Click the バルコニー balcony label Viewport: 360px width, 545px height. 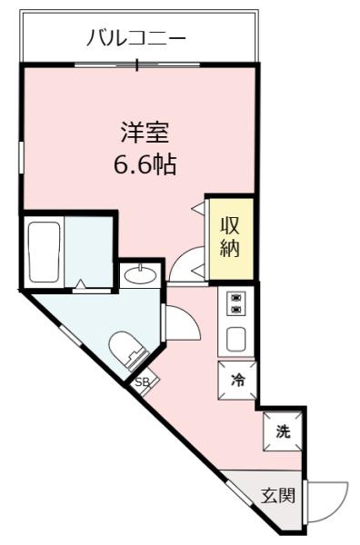pos(136,38)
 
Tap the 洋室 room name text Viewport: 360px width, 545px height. pos(145,133)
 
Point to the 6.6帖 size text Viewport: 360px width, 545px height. pos(145,165)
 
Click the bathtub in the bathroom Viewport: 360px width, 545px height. pos(45,253)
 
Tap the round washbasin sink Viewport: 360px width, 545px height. pos(141,274)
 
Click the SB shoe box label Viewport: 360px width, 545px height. pos(142,382)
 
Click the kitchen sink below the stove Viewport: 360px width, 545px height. pos(236,340)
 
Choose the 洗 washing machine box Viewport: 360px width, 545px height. pos(283,431)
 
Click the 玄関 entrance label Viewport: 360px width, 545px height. pos(278,496)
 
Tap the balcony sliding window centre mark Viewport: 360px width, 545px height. pos(137,64)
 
